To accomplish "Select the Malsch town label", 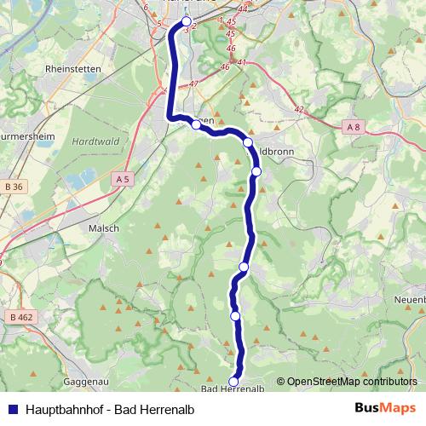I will pyautogui.click(x=103, y=228).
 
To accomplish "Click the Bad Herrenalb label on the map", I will pyautogui.click(x=230, y=390).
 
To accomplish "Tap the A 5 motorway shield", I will pyautogui.click(x=121, y=179).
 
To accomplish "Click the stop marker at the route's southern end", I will pyautogui.click(x=234, y=381).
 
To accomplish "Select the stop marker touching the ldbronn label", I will pyautogui.click(x=248, y=142).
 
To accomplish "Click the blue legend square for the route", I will pyautogui.click(x=11, y=408).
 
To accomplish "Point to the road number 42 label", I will pyautogui.click(x=299, y=109).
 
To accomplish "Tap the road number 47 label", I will pyautogui.click(x=194, y=83).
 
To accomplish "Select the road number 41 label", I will pyautogui.click(x=242, y=62).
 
